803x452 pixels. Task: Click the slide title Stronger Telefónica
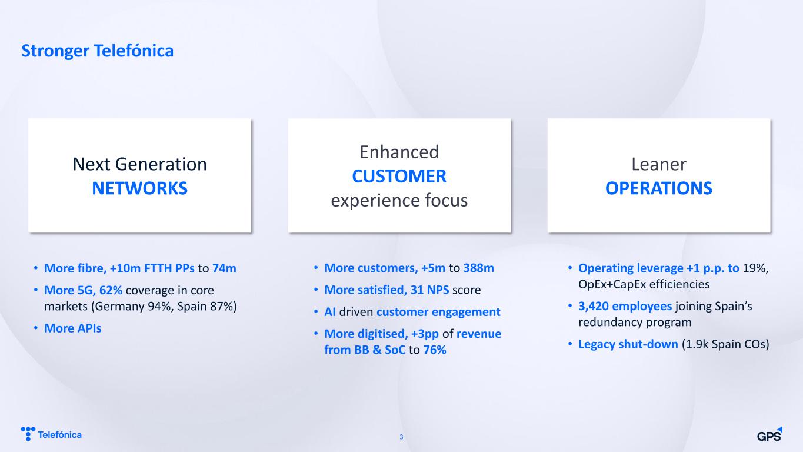[98, 51]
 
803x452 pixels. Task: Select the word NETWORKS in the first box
[140, 188]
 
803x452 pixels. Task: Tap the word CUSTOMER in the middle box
[399, 176]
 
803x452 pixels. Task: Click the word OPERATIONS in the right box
[659, 188]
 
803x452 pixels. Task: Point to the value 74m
[224, 268]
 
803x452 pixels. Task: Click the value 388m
[479, 268]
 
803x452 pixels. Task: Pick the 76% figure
[435, 350]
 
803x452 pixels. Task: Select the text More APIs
[73, 328]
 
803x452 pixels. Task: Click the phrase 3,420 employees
[625, 306]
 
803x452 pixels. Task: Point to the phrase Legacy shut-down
[628, 344]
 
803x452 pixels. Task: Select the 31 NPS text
[429, 290]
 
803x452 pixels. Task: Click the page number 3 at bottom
[401, 437]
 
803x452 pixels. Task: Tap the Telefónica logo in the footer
[51, 434]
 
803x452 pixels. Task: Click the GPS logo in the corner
[769, 434]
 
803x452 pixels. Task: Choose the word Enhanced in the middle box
[399, 152]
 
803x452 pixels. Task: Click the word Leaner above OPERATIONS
[659, 164]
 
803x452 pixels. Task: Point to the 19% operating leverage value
[754, 268]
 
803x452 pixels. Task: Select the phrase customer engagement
[438, 312]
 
